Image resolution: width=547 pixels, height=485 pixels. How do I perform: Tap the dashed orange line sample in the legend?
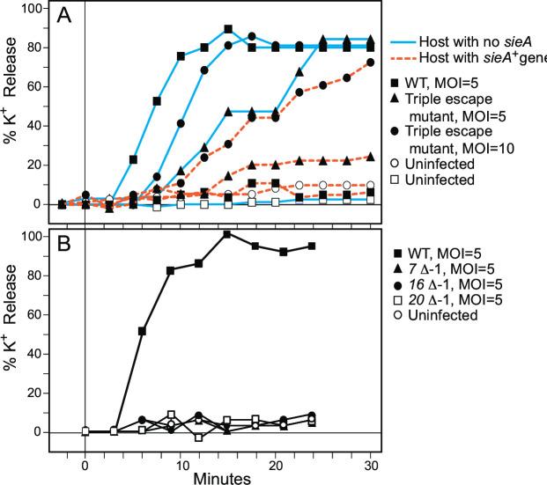coord(410,57)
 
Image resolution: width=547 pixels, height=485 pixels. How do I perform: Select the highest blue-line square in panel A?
coord(228,29)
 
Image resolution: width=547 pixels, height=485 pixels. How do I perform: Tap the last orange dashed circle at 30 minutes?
coord(370,62)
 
